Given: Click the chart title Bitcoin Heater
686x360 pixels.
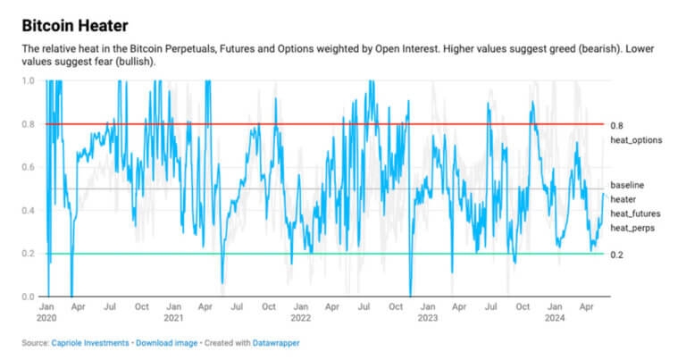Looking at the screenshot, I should pyautogui.click(x=75, y=25).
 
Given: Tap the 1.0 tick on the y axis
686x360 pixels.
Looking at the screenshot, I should pyautogui.click(x=28, y=81).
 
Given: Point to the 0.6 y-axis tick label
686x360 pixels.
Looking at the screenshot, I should pyautogui.click(x=28, y=167).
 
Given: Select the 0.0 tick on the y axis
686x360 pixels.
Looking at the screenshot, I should pyautogui.click(x=28, y=297).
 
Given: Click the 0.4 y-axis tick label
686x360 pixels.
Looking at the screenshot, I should pyautogui.click(x=28, y=211).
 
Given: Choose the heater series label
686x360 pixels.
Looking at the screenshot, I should pyautogui.click(x=623, y=198).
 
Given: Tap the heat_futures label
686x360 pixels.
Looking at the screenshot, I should pyautogui.click(x=636, y=214).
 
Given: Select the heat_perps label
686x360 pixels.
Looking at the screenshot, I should pyautogui.click(x=632, y=229).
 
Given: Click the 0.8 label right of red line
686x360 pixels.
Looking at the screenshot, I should pyautogui.click(x=616, y=125).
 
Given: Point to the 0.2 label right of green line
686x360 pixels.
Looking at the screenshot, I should pyautogui.click(x=616, y=255).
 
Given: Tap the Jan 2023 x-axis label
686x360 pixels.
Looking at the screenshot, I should pyautogui.click(x=427, y=312).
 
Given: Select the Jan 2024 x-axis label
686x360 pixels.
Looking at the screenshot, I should pyautogui.click(x=555, y=312).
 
